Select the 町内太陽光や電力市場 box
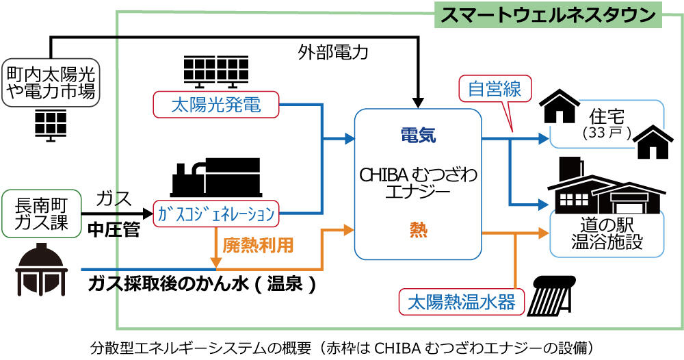[x=51, y=81]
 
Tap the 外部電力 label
[x=323, y=52]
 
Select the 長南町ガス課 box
[x=40, y=212]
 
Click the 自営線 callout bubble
[x=495, y=89]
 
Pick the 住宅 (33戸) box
[x=606, y=123]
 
